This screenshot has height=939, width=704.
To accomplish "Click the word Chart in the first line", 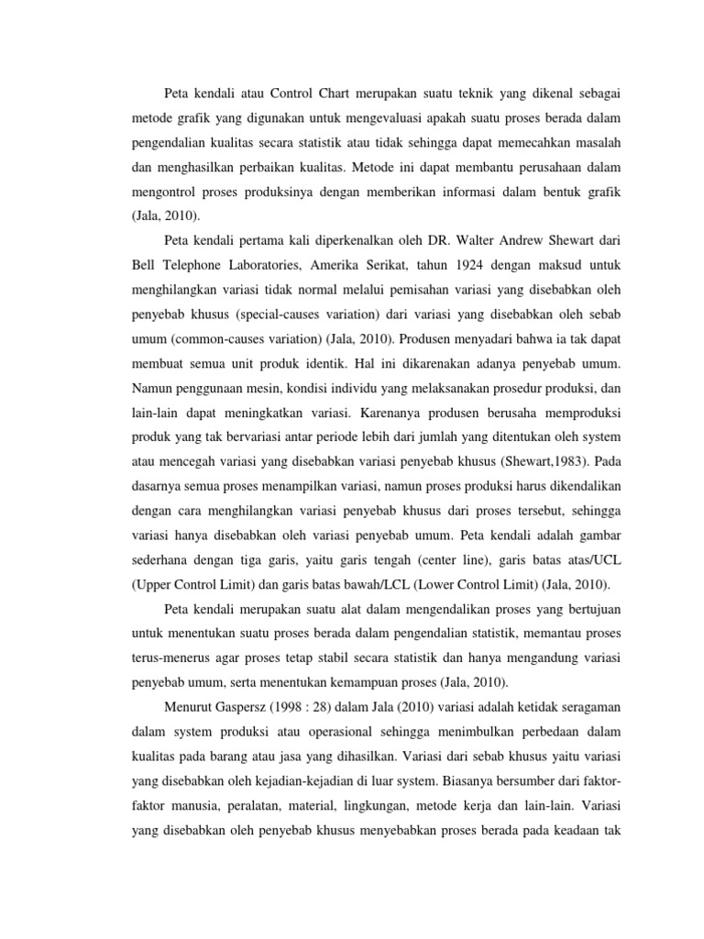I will click(320, 93).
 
